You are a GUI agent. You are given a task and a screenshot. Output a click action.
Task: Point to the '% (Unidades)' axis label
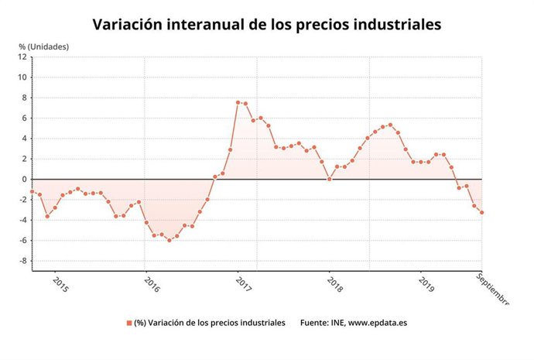tap(43, 46)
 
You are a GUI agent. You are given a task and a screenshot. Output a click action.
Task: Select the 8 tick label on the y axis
tap(25, 98)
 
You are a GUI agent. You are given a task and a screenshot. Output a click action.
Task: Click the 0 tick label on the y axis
tap(25, 179)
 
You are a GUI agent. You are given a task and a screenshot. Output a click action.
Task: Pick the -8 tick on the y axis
tap(23, 261)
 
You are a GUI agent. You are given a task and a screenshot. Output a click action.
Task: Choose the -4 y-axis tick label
tap(23, 220)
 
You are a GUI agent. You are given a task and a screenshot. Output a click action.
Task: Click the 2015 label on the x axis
tap(60, 284)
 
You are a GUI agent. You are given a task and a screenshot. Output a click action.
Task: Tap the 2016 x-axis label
tap(152, 284)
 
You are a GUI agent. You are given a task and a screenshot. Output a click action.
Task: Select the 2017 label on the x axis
tap(244, 284)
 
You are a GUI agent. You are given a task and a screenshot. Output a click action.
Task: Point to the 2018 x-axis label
tap(335, 284)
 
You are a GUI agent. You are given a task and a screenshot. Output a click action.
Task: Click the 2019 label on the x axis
tap(426, 284)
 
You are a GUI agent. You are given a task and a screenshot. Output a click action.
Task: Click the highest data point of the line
tap(238, 102)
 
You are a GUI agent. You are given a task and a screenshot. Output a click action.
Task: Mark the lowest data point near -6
tap(169, 240)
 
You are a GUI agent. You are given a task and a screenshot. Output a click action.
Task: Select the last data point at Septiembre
tap(482, 213)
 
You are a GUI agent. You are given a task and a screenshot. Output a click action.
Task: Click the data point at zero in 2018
tap(330, 179)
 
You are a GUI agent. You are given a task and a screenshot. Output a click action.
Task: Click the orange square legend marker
tap(128, 323)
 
